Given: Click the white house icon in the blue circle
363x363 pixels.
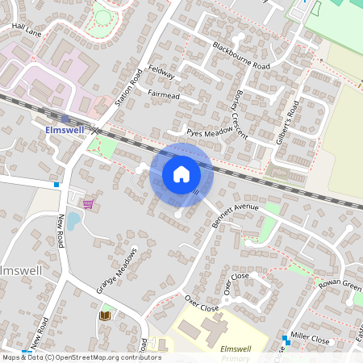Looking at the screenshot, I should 181,174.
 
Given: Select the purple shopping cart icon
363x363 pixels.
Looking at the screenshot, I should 87,205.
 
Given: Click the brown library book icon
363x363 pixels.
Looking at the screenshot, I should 104,315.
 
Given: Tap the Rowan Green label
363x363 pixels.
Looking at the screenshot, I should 340,283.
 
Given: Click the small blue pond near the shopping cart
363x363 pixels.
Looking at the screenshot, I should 73,220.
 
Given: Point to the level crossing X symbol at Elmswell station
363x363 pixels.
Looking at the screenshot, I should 95,130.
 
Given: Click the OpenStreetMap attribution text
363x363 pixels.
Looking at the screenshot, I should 81,357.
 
